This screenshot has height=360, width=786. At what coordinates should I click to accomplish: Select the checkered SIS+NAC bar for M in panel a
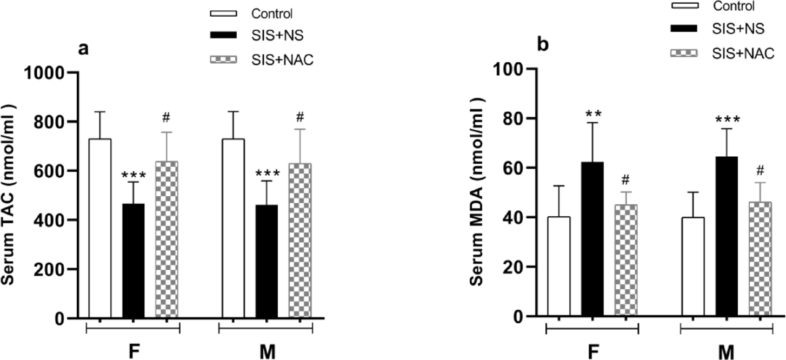[x=299, y=241]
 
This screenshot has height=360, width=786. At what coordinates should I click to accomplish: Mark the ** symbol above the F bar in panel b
[x=592, y=114]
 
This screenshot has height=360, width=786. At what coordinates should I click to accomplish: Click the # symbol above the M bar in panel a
[x=300, y=117]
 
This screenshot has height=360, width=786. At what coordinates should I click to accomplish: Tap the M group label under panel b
[x=726, y=350]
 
